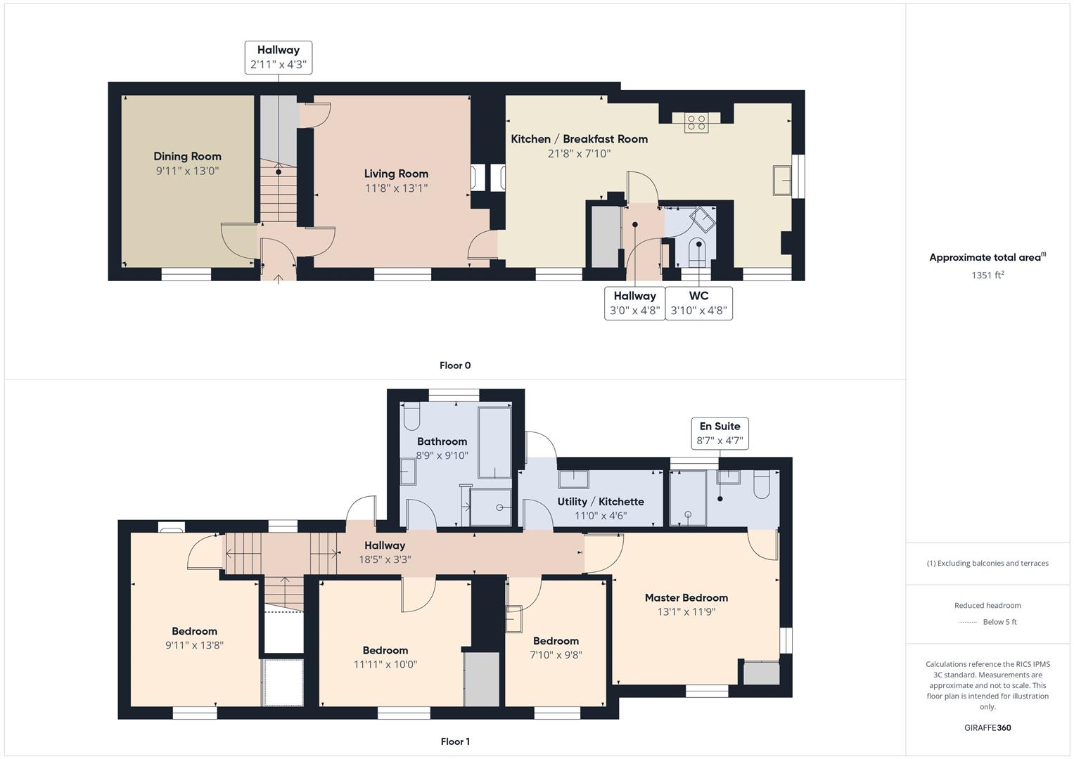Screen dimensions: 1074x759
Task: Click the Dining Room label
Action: pyautogui.click(x=188, y=156)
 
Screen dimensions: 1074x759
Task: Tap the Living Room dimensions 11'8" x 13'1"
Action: pyautogui.click(x=396, y=188)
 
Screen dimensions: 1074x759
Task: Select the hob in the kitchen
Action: pyautogui.click(x=696, y=123)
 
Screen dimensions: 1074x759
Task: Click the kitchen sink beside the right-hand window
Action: pyautogui.click(x=782, y=180)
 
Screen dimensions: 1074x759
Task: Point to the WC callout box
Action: pyautogui.click(x=698, y=303)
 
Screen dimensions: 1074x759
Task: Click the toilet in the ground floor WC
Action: pyautogui.click(x=698, y=252)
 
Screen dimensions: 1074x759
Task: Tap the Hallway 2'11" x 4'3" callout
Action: pyautogui.click(x=279, y=58)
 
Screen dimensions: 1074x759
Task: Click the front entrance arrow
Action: pyautogui.click(x=279, y=279)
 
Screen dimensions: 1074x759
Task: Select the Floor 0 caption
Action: pyautogui.click(x=455, y=365)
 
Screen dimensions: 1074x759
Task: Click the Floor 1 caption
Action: pyautogui.click(x=455, y=741)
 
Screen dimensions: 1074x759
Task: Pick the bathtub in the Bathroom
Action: pyautogui.click(x=495, y=442)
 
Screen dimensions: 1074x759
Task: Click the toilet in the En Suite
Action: pyautogui.click(x=762, y=484)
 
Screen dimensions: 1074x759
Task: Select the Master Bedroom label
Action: pyautogui.click(x=686, y=597)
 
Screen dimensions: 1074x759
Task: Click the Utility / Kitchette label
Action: pyautogui.click(x=600, y=501)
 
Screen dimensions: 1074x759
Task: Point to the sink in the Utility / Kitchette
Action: pyautogui.click(x=574, y=479)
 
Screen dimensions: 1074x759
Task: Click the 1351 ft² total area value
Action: pyautogui.click(x=987, y=275)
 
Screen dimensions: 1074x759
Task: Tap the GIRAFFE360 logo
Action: pyautogui.click(x=987, y=727)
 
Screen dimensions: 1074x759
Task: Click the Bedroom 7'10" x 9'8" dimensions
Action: pyautogui.click(x=556, y=655)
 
